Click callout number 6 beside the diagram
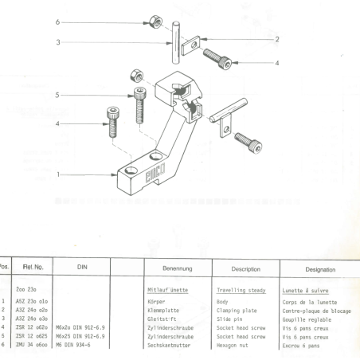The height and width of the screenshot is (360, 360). click(x=58, y=22)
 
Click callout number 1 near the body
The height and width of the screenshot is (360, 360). click(x=58, y=172)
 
